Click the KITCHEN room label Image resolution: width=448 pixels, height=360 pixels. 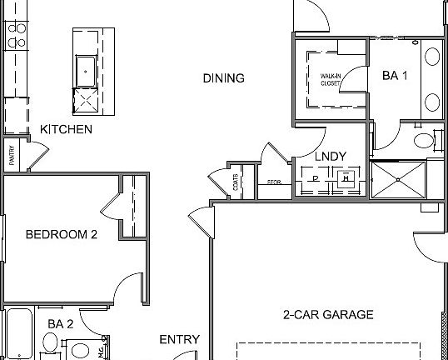tap(67, 130)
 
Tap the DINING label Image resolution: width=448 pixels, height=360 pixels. tap(224, 79)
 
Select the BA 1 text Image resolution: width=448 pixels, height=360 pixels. tap(396, 76)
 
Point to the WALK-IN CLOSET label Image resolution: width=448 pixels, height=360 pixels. tap(331, 80)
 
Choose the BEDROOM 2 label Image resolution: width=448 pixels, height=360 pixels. tap(62, 235)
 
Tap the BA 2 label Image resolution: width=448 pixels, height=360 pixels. tap(61, 323)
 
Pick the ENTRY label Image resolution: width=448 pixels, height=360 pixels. tap(180, 339)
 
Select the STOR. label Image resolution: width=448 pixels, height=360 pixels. tap(272, 182)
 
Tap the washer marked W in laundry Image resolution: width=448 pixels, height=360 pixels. tap(345, 177)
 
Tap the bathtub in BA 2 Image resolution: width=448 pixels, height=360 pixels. tap(17, 333)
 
